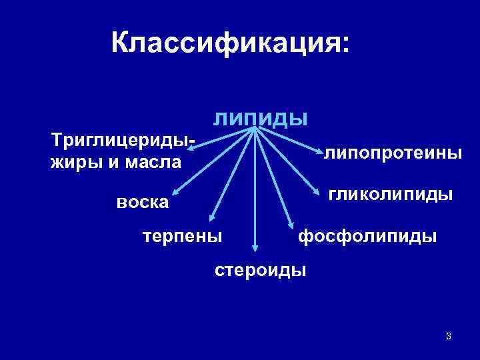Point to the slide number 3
pos(449,335)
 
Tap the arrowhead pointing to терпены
pos(211,219)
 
